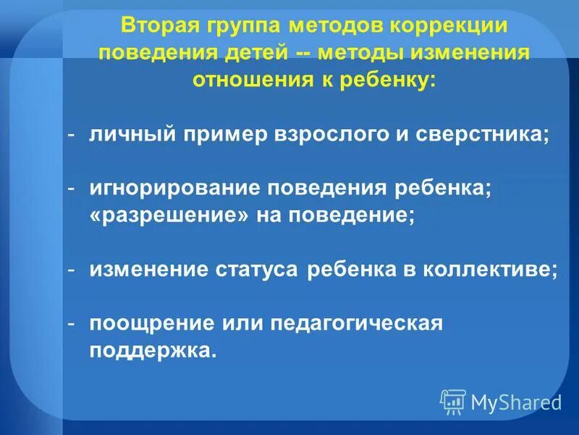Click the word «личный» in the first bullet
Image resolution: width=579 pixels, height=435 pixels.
(x=125, y=135)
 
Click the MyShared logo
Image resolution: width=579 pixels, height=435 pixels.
(x=502, y=400)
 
